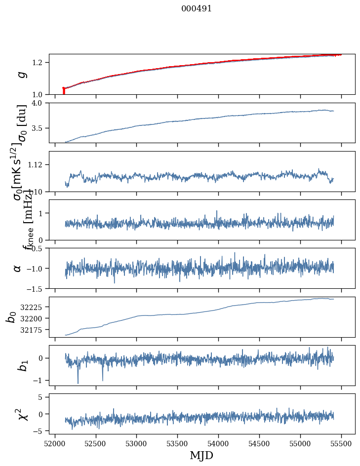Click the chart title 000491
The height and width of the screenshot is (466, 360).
(197, 9)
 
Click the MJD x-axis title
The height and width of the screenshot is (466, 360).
(201, 455)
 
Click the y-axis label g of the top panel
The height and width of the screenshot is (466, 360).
(21, 75)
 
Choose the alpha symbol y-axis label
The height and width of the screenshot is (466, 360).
(18, 268)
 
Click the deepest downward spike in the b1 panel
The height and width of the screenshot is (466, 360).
(78, 383)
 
